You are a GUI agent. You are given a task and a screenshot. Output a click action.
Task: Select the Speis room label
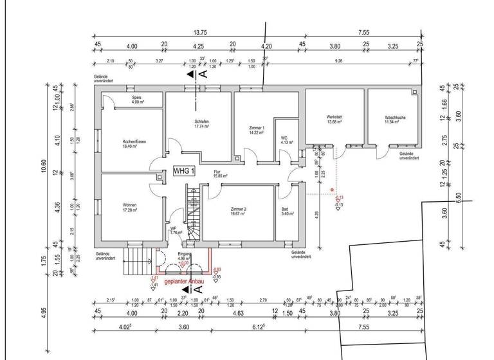[x=136, y=99]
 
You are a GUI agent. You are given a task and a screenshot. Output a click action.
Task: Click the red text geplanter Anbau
[x=185, y=282]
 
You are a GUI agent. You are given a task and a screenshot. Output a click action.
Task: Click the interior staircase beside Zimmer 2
[x=192, y=215]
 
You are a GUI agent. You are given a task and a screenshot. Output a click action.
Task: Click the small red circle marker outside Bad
[x=332, y=190]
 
